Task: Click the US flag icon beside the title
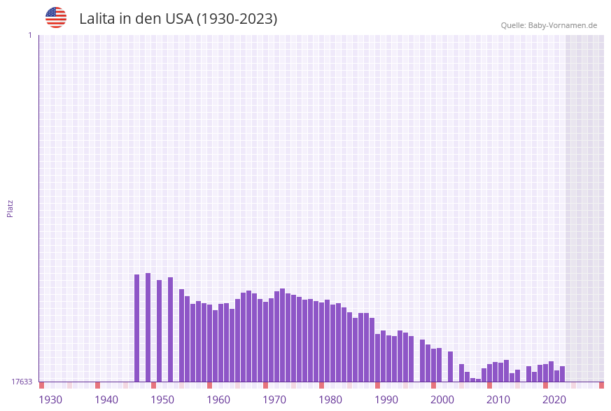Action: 56,18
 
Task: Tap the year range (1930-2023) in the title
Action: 237,19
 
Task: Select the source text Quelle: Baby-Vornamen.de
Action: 549,25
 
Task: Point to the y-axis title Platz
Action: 10,208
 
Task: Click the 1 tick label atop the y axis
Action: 29,35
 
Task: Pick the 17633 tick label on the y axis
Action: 22,382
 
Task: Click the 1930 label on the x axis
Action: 50,400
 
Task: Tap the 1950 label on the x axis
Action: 162,400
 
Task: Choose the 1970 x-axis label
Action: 274,400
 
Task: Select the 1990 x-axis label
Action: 386,400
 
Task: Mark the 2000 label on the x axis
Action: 442,400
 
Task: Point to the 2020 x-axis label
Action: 554,400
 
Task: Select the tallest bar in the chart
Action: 148,327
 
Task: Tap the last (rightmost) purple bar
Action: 563,374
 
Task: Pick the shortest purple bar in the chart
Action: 479,380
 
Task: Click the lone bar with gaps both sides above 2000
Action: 451,366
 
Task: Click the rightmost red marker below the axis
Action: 601,385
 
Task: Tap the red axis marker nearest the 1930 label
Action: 42,385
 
